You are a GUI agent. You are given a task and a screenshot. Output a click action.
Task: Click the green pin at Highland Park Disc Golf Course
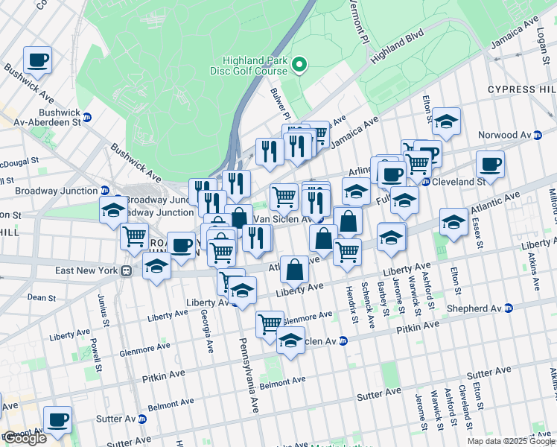pyautogui.click(x=300, y=66)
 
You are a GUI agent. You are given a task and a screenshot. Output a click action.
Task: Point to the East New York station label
pyautogui.click(x=83, y=270)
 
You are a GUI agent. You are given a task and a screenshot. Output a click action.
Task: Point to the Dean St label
pyautogui.click(x=38, y=297)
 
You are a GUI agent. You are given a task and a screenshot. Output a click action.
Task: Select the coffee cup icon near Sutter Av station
pyautogui.click(x=57, y=419)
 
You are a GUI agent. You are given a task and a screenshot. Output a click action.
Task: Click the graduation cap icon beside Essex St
pyautogui.click(x=453, y=221)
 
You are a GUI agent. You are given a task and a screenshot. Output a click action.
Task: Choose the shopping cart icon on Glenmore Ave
pyautogui.click(x=270, y=323)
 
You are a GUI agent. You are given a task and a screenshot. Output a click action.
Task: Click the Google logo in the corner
pyautogui.click(x=25, y=437)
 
